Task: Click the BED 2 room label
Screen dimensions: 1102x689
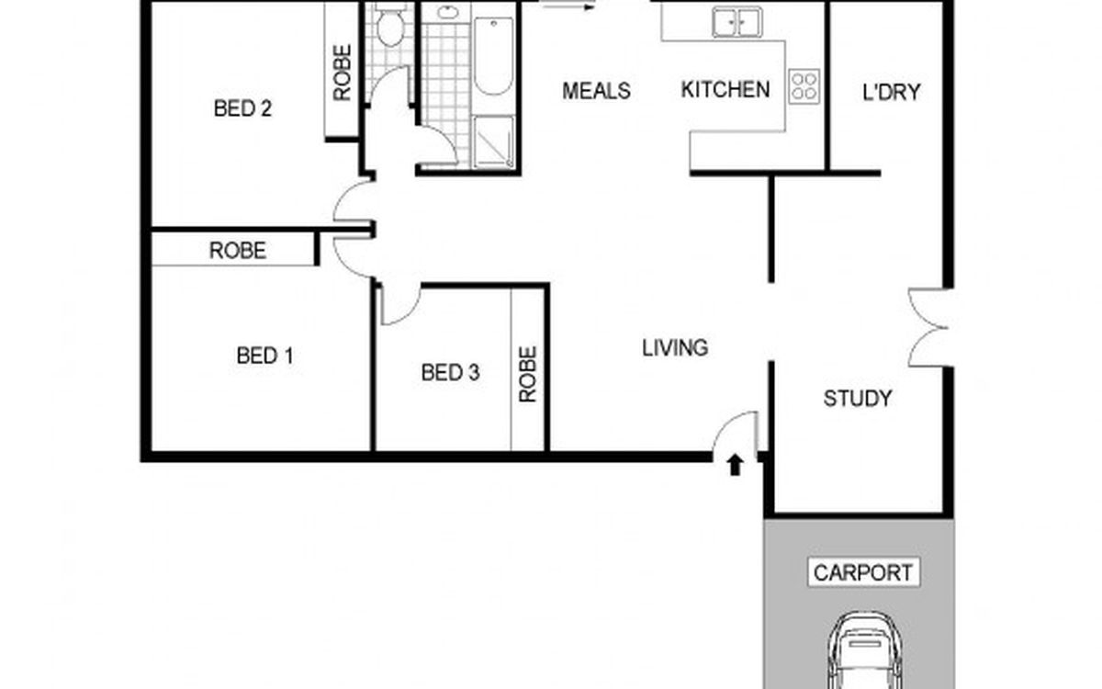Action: point(242,108)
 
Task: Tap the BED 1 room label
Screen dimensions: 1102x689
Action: point(264,356)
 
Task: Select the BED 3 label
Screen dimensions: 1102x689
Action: point(450,373)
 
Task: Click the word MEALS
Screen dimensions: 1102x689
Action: point(596,91)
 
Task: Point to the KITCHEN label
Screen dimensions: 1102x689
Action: point(725,90)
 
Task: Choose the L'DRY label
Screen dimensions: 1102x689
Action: point(891,93)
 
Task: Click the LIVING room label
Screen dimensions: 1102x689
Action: point(675,348)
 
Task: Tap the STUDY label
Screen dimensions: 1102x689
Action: point(858,399)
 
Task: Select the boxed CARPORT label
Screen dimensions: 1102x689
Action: point(863,572)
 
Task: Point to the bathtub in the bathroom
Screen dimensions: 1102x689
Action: point(493,56)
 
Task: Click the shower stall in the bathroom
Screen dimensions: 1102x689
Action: point(493,141)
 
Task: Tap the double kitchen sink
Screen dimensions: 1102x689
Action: point(737,22)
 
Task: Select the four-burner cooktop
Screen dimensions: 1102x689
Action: point(804,86)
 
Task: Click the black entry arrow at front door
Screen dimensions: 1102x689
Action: point(735,465)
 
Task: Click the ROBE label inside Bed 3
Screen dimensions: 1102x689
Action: point(527,375)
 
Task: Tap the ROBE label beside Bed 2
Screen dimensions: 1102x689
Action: point(343,73)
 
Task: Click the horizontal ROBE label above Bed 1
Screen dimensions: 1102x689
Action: point(238,251)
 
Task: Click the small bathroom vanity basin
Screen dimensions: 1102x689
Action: point(447,12)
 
